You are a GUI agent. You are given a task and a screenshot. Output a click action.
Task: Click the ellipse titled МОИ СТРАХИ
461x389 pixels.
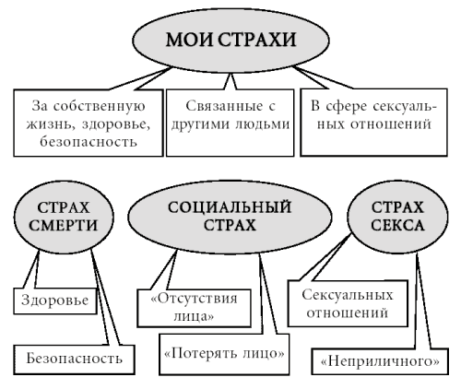[230, 41]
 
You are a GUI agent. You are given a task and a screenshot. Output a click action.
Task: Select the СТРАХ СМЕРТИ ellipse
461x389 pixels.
[64, 217]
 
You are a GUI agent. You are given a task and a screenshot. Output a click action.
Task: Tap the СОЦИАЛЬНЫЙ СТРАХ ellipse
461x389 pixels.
[230, 217]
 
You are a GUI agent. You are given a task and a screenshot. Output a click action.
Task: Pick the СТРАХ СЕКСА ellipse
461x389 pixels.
[397, 217]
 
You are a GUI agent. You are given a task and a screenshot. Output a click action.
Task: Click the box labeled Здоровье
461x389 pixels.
[55, 301]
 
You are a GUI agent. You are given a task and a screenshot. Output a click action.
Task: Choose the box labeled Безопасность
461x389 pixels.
[74, 360]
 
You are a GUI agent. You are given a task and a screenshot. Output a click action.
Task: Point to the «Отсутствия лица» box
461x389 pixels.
[194, 308]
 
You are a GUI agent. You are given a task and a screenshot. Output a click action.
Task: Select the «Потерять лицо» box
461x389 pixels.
[224, 354]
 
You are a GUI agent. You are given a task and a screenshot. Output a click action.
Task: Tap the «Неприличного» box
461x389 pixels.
[380, 361]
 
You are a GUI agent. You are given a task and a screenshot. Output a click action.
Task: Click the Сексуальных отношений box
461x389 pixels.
[348, 303]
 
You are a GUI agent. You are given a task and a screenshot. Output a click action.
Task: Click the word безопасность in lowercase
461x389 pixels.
[89, 142]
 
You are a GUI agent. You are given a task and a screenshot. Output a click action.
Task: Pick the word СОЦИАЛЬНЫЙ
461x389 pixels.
[230, 207]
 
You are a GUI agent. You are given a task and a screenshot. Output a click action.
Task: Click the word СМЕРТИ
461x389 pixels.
[64, 226]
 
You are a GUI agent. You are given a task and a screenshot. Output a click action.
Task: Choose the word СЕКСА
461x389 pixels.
[397, 226]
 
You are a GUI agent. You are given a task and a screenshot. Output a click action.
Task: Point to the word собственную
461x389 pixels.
[99, 107]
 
